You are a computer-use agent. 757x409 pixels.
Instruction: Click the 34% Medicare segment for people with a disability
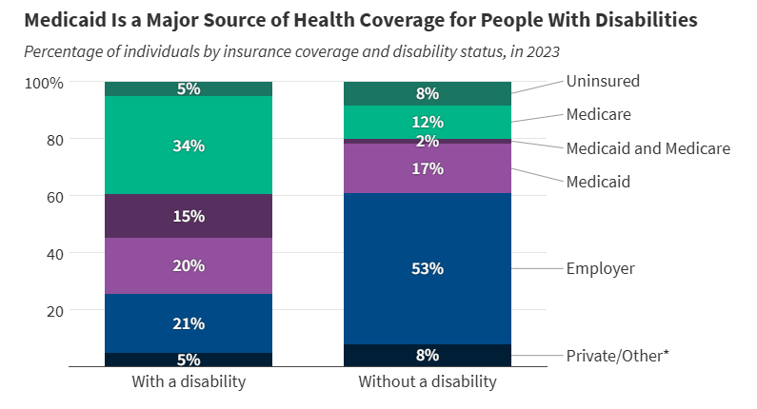(189, 146)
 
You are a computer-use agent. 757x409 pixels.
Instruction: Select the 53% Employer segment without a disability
(427, 268)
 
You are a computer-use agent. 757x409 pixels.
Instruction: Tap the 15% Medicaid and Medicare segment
(189, 216)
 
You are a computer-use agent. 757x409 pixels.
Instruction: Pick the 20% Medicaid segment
(189, 265)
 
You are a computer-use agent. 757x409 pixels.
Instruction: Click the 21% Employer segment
(189, 323)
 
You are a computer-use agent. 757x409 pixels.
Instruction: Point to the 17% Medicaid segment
(427, 168)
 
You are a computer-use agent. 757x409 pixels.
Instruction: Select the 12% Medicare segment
(427, 122)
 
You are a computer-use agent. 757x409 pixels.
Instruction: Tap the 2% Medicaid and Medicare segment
(427, 141)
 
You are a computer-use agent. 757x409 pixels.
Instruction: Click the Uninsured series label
(603, 81)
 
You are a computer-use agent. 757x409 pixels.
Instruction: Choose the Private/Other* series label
(618, 355)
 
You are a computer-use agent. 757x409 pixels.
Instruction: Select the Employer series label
(600, 268)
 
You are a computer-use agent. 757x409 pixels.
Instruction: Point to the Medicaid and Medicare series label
(647, 148)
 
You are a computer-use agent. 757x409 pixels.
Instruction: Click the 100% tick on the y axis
(44, 83)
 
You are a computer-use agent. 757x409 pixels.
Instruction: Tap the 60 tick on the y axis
(54, 197)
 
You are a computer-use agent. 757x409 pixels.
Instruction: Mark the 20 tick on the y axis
(54, 311)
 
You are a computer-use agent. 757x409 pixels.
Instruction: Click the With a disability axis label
(189, 381)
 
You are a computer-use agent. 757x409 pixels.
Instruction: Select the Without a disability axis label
(427, 381)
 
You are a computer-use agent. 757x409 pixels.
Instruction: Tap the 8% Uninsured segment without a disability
(427, 93)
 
